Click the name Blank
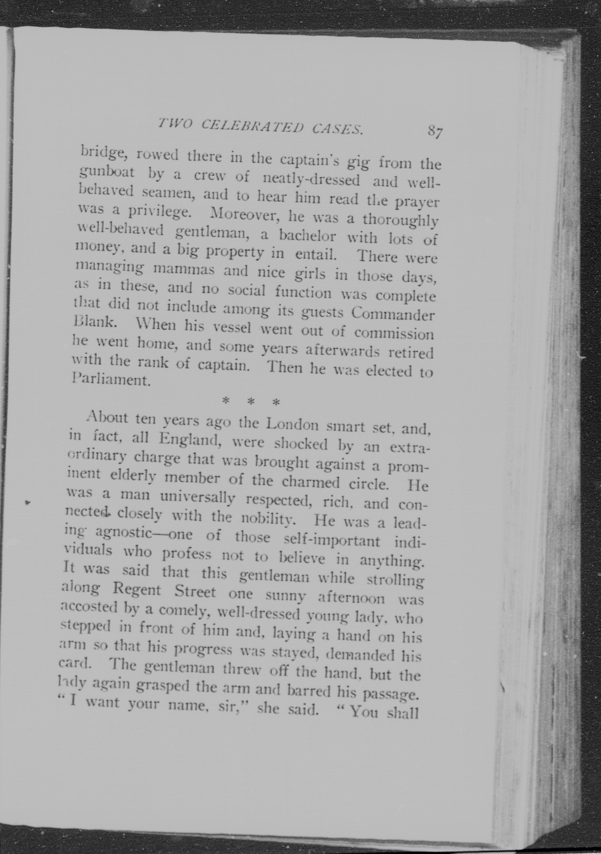[x=93, y=321]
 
